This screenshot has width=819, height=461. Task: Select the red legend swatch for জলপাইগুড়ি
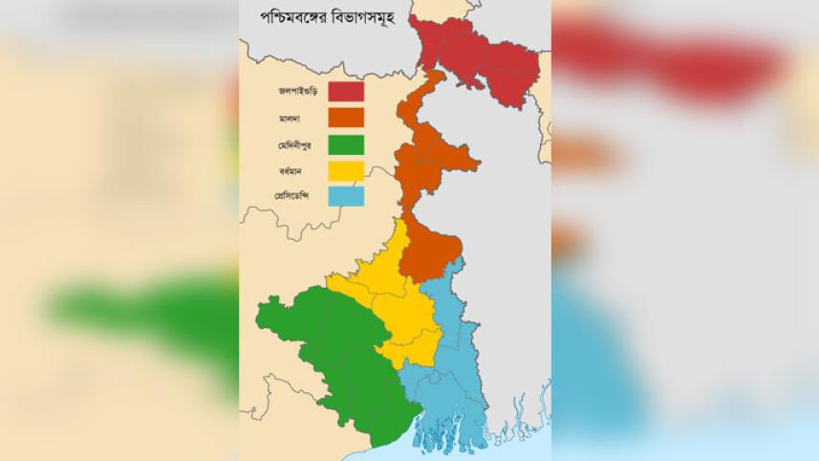pyautogui.click(x=346, y=92)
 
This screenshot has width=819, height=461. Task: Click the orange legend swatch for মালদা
pyautogui.click(x=346, y=118)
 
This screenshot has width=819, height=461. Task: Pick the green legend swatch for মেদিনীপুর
pyautogui.click(x=346, y=144)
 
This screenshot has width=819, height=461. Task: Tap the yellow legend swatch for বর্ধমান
pyautogui.click(x=346, y=171)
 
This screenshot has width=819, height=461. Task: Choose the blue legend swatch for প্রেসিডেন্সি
pyautogui.click(x=346, y=197)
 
